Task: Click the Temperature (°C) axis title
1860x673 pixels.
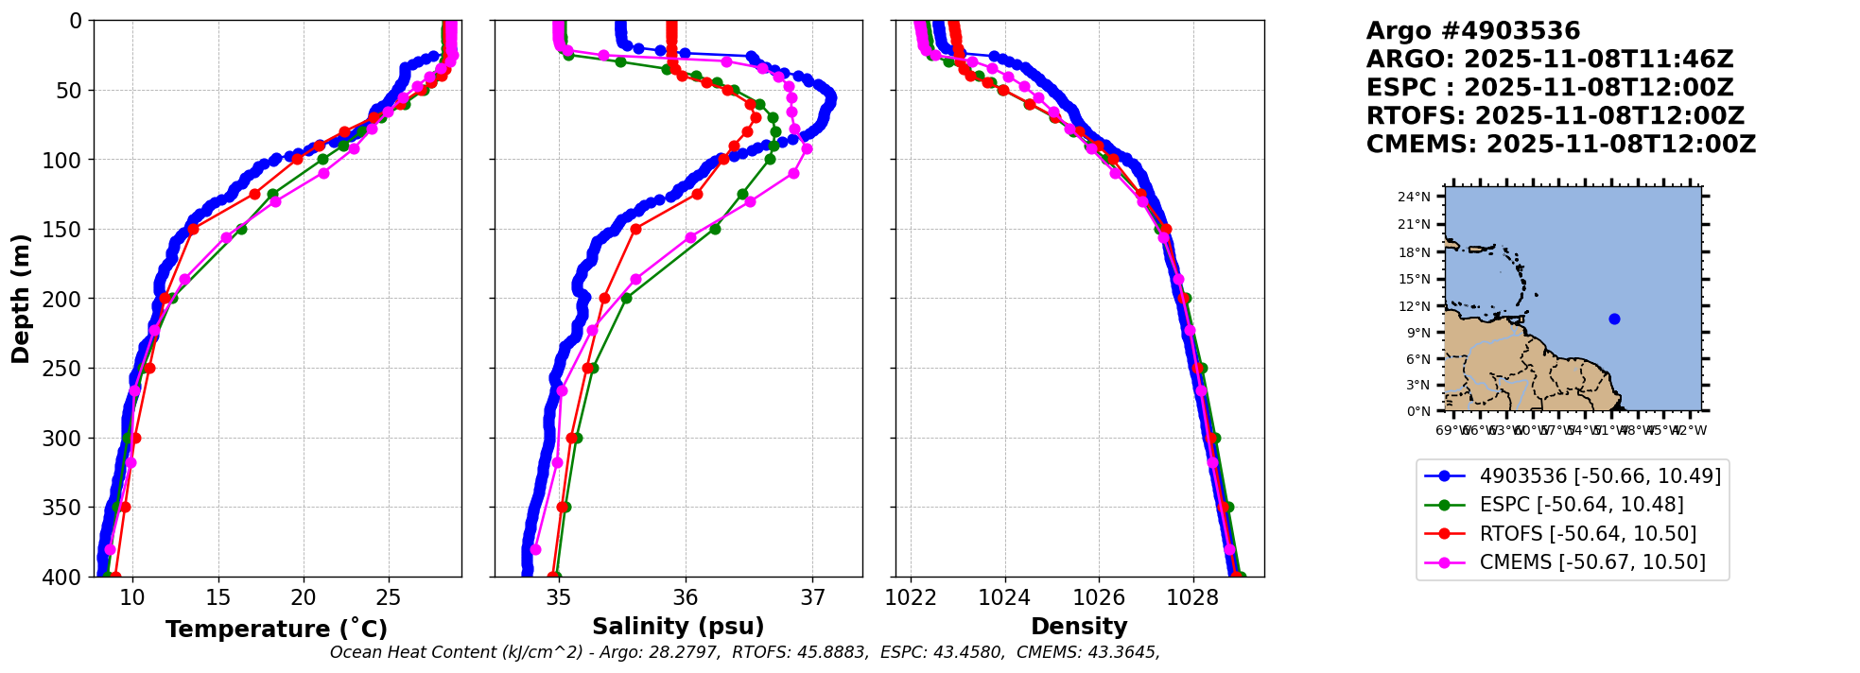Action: pyautogui.click(x=276, y=630)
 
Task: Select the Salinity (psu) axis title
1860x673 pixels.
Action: pyautogui.click(x=678, y=627)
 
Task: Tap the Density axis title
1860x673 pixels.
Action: pyautogui.click(x=1079, y=627)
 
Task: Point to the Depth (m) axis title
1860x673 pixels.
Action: pyautogui.click(x=21, y=298)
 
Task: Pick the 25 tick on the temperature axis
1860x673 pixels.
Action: pyautogui.click(x=389, y=597)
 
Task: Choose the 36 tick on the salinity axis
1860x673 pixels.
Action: pyautogui.click(x=686, y=597)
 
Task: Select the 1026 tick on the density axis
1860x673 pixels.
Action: pyautogui.click(x=1099, y=597)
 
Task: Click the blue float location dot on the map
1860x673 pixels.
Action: pyautogui.click(x=1614, y=319)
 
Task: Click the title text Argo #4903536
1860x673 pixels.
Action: pyautogui.click(x=1472, y=31)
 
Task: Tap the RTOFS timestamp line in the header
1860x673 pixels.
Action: pyautogui.click(x=1555, y=116)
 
